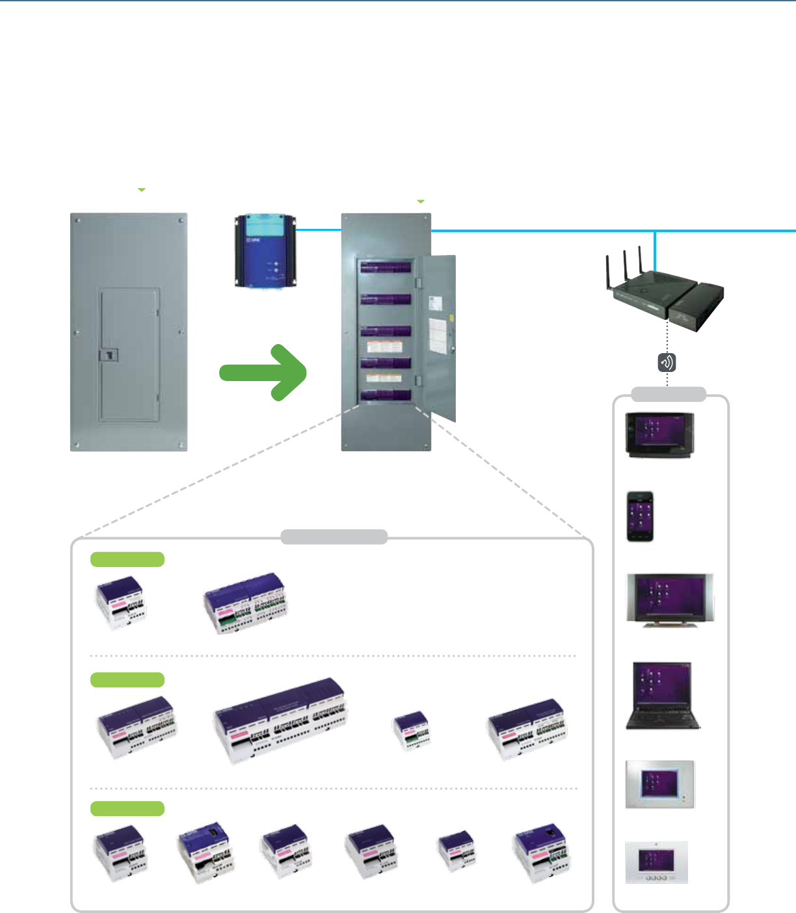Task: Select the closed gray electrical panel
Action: pyautogui.click(x=129, y=332)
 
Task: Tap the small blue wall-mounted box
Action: pyautogui.click(x=265, y=251)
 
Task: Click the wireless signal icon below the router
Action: pyautogui.click(x=667, y=362)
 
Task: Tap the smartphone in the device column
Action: pyautogui.click(x=640, y=516)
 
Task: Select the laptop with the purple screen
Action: pyautogui.click(x=662, y=695)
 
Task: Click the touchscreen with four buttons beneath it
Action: pyautogui.click(x=657, y=862)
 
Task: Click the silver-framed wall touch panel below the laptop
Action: pyautogui.click(x=659, y=784)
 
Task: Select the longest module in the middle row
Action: pyautogui.click(x=281, y=720)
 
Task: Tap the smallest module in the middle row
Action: pyautogui.click(x=412, y=730)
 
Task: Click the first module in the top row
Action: pyautogui.click(x=121, y=602)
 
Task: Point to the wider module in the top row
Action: pyautogui.click(x=245, y=602)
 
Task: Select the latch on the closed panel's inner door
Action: pyautogui.click(x=109, y=354)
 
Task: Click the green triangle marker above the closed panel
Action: pyautogui.click(x=141, y=190)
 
